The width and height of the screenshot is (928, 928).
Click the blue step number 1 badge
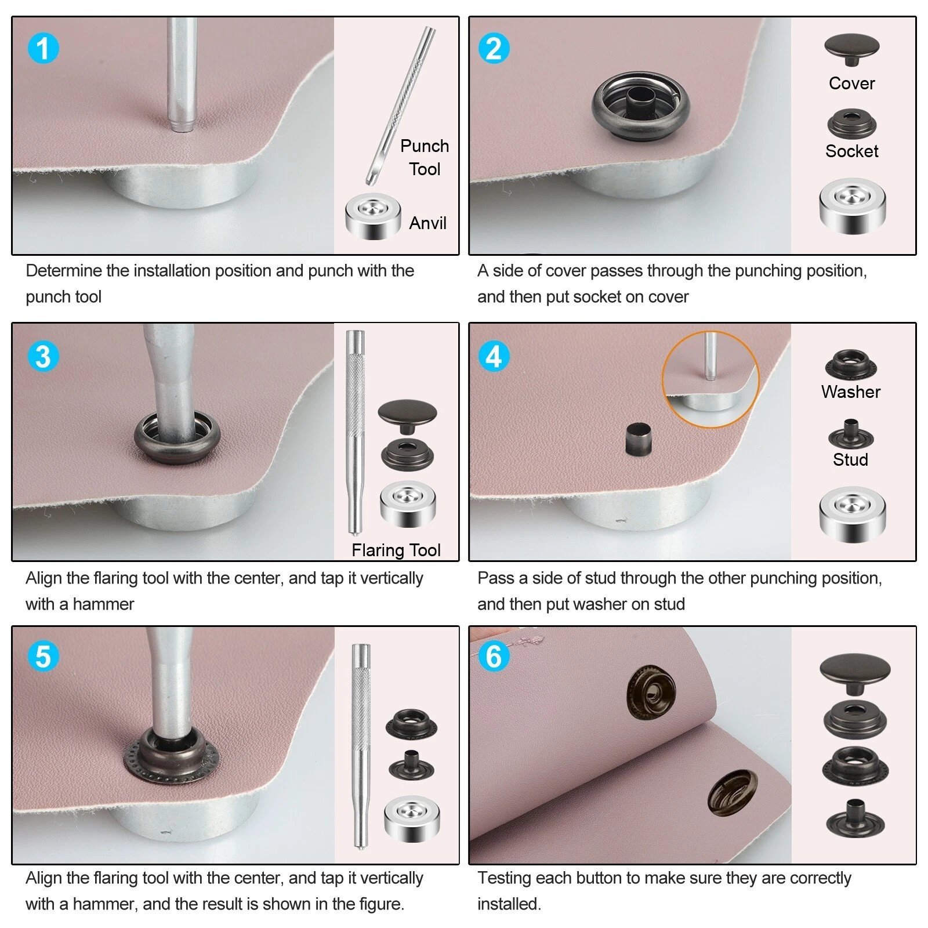pyautogui.click(x=43, y=48)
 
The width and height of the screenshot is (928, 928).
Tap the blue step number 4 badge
pyautogui.click(x=494, y=356)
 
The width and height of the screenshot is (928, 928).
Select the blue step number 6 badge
pyautogui.click(x=494, y=657)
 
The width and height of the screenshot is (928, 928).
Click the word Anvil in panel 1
pyautogui.click(x=427, y=223)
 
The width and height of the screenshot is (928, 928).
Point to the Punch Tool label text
pyautogui.click(x=425, y=157)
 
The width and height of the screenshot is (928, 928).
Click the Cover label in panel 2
pyautogui.click(x=851, y=83)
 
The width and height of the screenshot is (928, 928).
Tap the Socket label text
pyautogui.click(x=851, y=151)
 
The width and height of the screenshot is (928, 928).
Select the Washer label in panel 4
pyautogui.click(x=850, y=391)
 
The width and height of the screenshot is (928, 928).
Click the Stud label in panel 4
pyautogui.click(x=850, y=459)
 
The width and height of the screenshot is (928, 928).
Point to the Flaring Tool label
pyautogui.click(x=396, y=550)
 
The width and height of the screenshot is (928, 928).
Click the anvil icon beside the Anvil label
pyautogui.click(x=373, y=216)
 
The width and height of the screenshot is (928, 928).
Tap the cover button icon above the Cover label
pyautogui.click(x=851, y=49)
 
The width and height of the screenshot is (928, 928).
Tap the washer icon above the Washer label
pyautogui.click(x=851, y=364)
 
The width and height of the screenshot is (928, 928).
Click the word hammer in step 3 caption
pyautogui.click(x=103, y=604)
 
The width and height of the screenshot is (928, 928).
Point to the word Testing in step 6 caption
pyautogui.click(x=504, y=878)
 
